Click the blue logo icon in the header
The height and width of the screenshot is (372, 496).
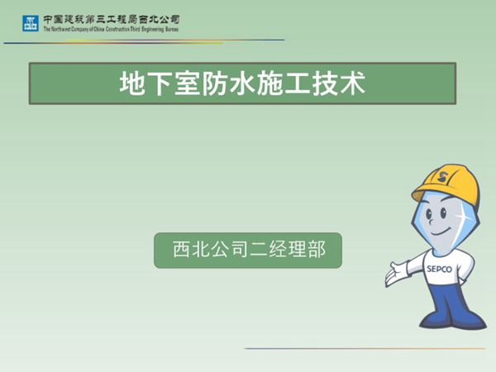coord(30,22)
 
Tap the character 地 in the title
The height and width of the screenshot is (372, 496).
coord(132,84)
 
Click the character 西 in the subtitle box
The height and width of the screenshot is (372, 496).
coord(181,249)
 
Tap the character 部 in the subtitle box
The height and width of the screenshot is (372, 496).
coord(315,249)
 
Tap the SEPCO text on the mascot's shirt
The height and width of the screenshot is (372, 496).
coord(439,268)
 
